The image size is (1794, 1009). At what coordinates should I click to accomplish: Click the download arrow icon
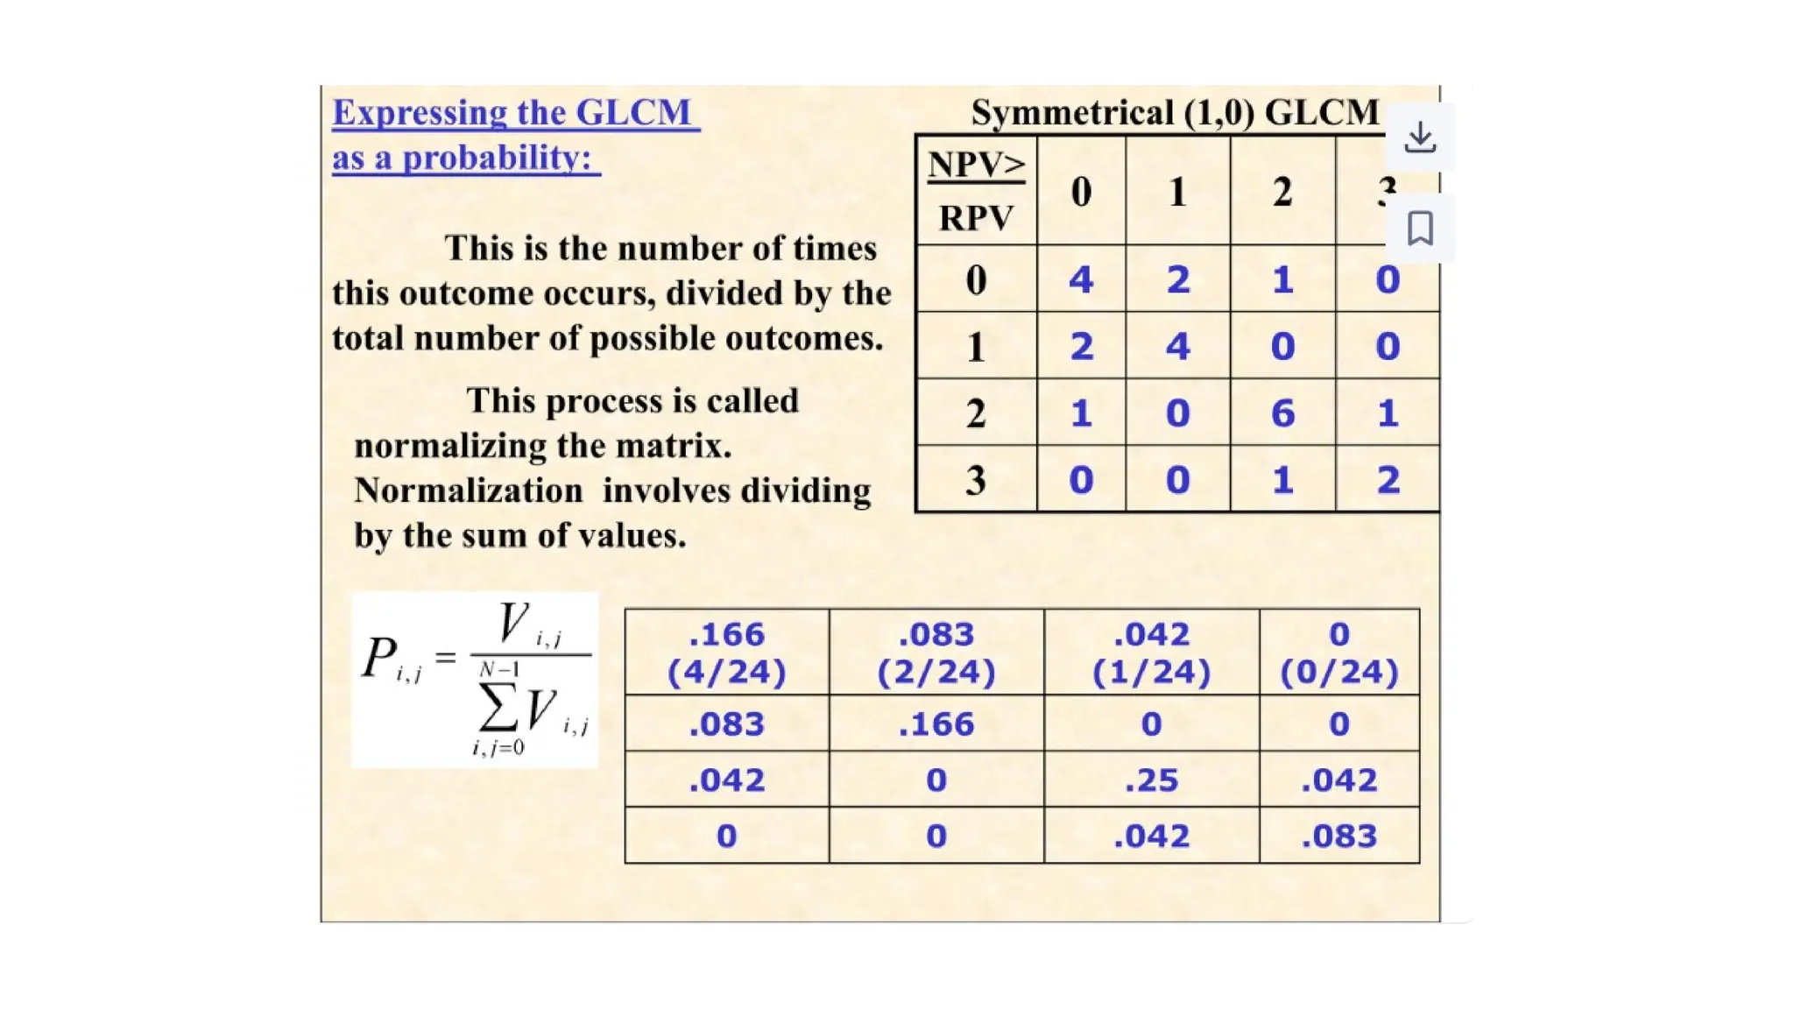click(x=1420, y=138)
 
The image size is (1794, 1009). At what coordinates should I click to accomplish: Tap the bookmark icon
click(x=1420, y=229)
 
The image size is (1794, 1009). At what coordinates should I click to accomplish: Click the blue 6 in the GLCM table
click(x=1282, y=413)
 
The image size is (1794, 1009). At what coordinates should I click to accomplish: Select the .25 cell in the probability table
click(x=1151, y=780)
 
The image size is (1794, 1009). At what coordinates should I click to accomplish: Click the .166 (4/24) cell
click(x=726, y=653)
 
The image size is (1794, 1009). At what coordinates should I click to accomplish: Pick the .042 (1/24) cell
click(x=1151, y=653)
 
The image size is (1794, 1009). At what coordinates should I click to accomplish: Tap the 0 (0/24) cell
click(x=1338, y=653)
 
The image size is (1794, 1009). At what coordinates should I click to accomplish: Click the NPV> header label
click(x=976, y=165)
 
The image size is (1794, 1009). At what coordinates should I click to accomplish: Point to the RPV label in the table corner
click(x=976, y=217)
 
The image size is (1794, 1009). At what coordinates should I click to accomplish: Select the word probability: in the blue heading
click(x=497, y=158)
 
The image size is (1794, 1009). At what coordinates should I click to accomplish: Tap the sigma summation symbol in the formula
click(x=497, y=708)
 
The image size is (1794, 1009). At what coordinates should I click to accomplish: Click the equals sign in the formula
click(x=446, y=656)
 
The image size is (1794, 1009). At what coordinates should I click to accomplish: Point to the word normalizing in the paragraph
click(x=477, y=446)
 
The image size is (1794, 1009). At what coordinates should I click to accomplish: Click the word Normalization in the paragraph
click(x=469, y=490)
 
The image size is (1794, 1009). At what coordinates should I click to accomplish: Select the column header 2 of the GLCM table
click(x=1282, y=192)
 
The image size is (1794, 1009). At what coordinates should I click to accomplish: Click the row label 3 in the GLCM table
click(x=976, y=480)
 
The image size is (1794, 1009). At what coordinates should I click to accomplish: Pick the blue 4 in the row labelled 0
click(x=1081, y=279)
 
